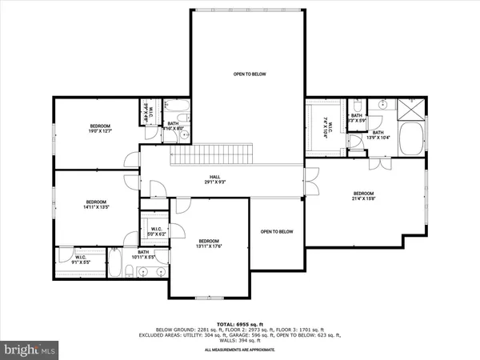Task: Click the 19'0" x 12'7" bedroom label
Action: pos(101,130)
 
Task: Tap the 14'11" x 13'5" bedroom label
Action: pos(96,204)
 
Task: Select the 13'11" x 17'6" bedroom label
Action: pos(208,244)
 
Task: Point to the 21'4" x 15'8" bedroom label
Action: pos(363,196)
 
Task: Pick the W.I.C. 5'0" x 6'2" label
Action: pos(158,232)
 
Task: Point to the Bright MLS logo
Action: pos(30,350)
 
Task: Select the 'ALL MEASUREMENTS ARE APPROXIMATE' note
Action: pos(240,350)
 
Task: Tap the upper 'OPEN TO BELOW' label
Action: pos(249,74)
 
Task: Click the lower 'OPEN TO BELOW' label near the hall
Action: pos(277,232)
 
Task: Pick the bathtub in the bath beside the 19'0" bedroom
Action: pos(177,107)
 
